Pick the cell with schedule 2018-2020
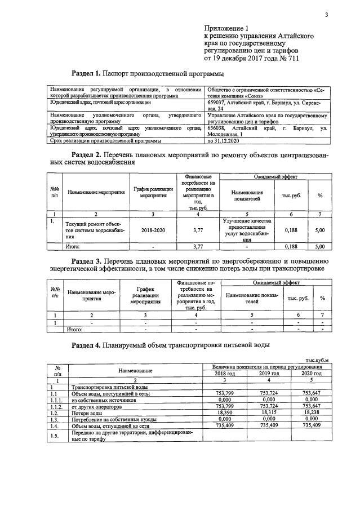[154, 230]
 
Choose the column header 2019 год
[269, 374]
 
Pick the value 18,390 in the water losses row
[225, 413]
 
